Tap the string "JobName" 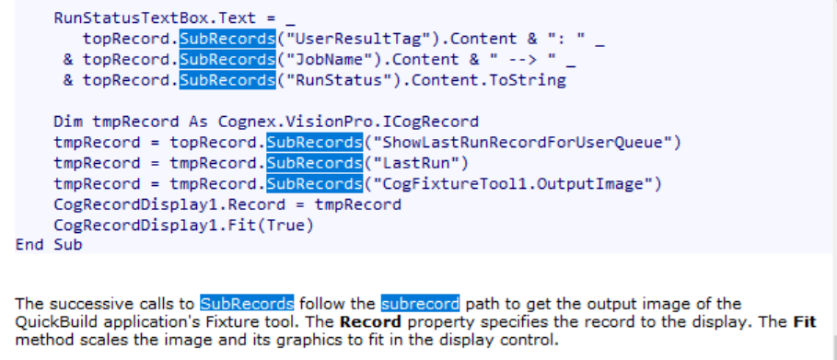coord(320,60)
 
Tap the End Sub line coord(49,245)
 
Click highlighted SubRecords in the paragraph coord(247,303)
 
